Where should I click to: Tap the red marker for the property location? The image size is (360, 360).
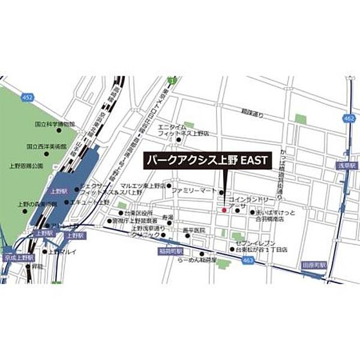coord(224,210)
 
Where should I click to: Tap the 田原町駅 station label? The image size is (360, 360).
coord(314,264)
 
